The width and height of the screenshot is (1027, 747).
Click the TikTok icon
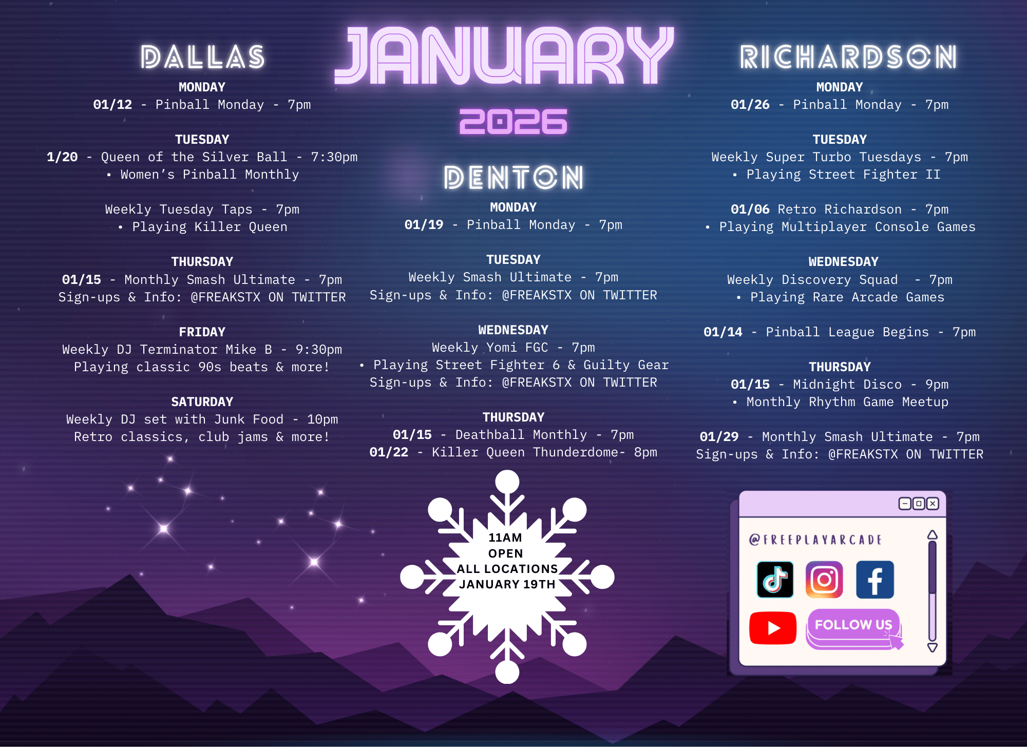775,580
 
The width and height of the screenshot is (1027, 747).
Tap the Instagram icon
824,580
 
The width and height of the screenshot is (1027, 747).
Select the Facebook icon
875,580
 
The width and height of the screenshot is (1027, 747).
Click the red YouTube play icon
773,627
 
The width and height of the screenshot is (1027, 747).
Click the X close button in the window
933,504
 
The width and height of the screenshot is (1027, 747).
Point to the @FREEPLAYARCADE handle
815,540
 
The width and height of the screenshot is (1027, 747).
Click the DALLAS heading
203,56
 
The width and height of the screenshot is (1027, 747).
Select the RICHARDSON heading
848,56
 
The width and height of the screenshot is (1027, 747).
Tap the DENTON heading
513,178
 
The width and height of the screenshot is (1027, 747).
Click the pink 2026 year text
513,122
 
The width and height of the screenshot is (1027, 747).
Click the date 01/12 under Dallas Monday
112,105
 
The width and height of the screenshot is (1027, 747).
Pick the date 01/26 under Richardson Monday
750,105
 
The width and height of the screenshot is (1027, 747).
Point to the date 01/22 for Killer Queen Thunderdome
389,452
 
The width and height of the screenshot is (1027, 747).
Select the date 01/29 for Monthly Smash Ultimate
719,437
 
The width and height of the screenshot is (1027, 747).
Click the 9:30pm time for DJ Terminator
318,350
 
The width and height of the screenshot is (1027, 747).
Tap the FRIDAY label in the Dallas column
202,332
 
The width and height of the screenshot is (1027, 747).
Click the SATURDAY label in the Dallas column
202,402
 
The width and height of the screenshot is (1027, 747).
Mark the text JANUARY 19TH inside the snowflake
507,584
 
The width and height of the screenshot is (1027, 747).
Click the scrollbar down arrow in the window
933,647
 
